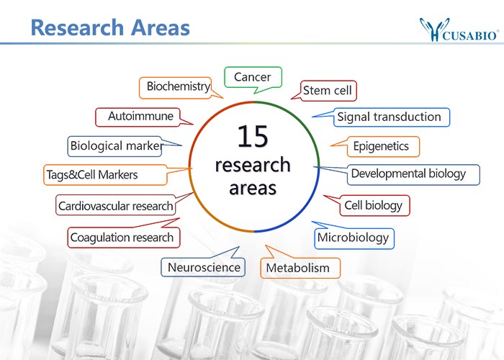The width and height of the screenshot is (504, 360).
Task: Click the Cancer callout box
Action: [253, 77]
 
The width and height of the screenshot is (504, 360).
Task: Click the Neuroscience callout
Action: [203, 267]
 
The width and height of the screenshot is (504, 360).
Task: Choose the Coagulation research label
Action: [123, 238]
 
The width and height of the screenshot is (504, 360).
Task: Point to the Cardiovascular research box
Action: [116, 204]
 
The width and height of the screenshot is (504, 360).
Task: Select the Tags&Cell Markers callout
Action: [105, 175]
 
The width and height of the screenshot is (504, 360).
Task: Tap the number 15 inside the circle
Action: [253, 136]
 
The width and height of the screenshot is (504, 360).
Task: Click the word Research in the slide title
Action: [78, 27]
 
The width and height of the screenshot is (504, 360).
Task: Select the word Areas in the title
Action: [161, 27]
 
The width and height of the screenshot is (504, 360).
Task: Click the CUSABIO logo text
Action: [471, 35]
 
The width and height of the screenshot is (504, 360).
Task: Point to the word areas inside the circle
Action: [253, 188]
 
